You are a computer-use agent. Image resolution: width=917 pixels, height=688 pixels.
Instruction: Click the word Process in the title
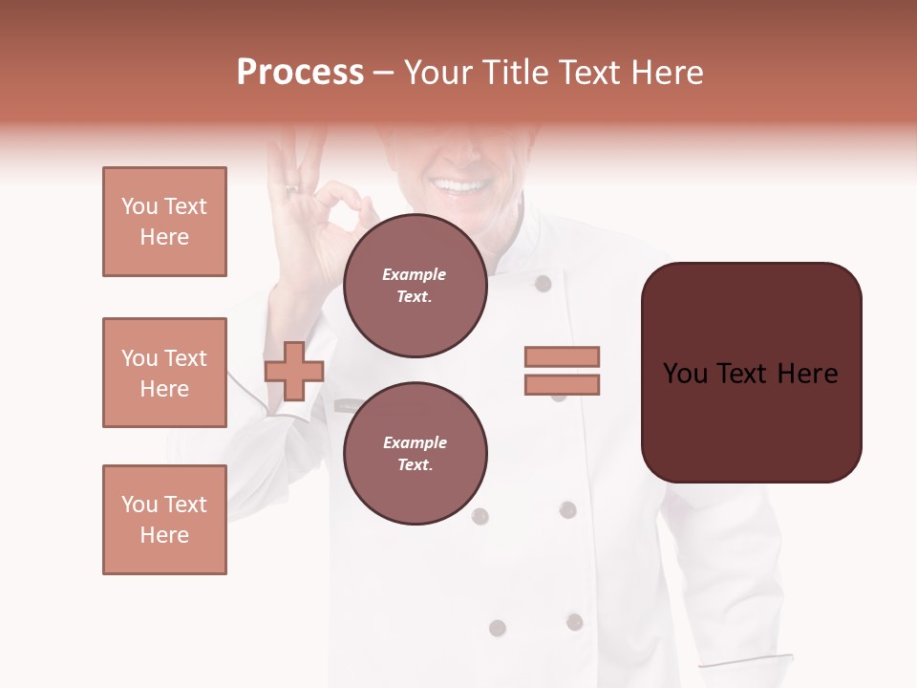(300, 73)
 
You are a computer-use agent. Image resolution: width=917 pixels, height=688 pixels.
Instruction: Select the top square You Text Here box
(164, 222)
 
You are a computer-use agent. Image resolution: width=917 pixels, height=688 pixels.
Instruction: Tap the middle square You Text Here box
(164, 373)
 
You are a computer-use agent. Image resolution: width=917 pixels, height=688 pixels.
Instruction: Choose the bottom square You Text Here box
(164, 520)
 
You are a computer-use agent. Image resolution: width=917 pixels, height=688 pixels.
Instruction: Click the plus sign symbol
(294, 371)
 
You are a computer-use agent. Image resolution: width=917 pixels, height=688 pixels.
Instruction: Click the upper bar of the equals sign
(562, 356)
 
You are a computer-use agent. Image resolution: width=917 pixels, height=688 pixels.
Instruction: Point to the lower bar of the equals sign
(562, 384)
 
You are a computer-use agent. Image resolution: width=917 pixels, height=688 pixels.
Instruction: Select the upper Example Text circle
(415, 286)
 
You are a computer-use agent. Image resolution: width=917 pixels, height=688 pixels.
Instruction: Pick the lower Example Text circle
(415, 453)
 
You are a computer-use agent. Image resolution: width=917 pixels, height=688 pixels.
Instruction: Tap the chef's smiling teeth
(460, 185)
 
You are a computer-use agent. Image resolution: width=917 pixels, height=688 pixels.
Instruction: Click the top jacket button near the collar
(543, 283)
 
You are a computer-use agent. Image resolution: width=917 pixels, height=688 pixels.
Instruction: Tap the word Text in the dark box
(750, 374)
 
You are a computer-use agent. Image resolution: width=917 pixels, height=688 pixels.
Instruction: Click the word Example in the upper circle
(415, 274)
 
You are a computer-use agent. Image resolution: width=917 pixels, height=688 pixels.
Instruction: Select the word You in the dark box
(686, 374)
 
